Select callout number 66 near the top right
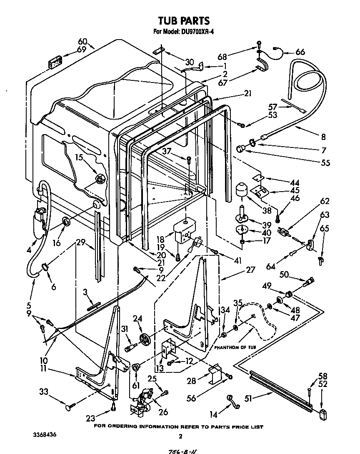coord(300,52)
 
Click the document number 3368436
coord(44,434)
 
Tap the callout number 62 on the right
coord(325,202)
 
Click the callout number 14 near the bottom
coord(212,414)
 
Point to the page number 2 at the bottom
coord(180,437)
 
